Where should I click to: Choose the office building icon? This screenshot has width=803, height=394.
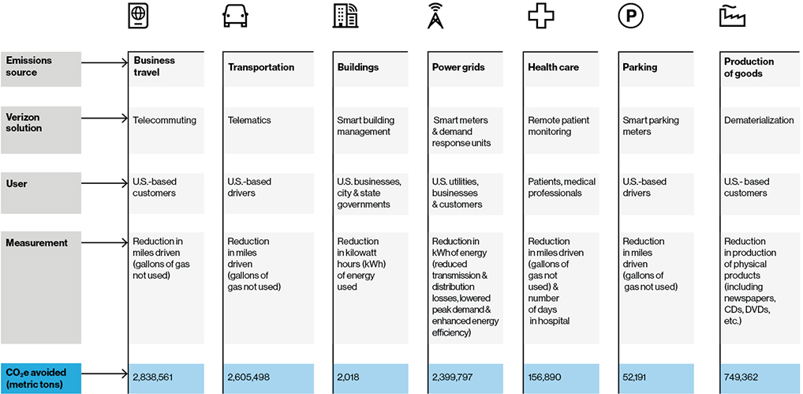pos(344,17)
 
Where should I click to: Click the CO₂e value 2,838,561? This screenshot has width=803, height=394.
pos(153,377)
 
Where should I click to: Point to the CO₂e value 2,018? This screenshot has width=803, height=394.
pos(348,377)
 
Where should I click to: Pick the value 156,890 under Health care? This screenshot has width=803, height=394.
pos(544,377)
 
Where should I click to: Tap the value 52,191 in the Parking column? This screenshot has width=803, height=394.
pos(637,377)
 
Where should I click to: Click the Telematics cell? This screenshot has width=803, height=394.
pos(249,121)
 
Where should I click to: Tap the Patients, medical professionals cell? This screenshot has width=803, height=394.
pos(562,187)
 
